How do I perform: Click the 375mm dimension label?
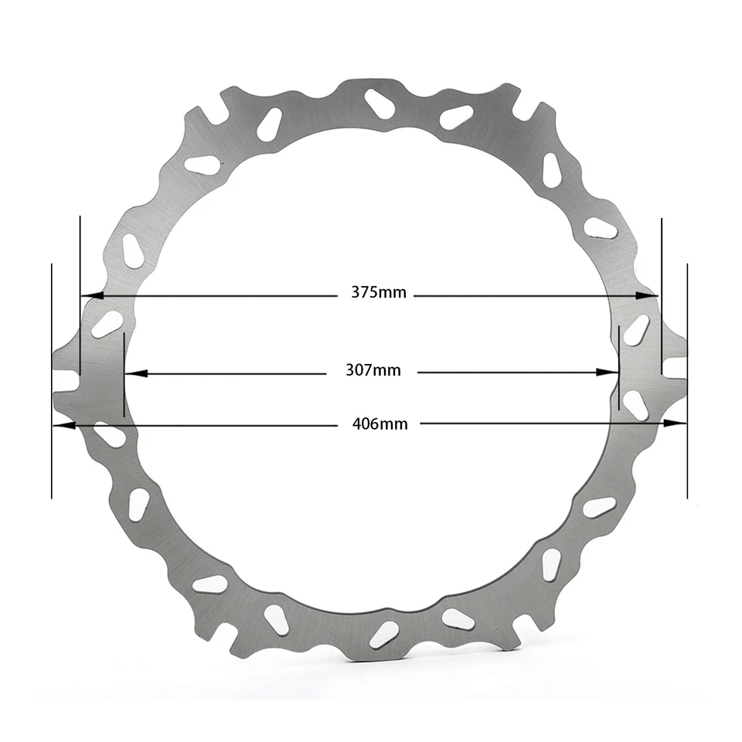coord(378,292)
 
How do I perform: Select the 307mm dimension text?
coord(373,370)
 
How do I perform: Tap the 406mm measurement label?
coord(380,424)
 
